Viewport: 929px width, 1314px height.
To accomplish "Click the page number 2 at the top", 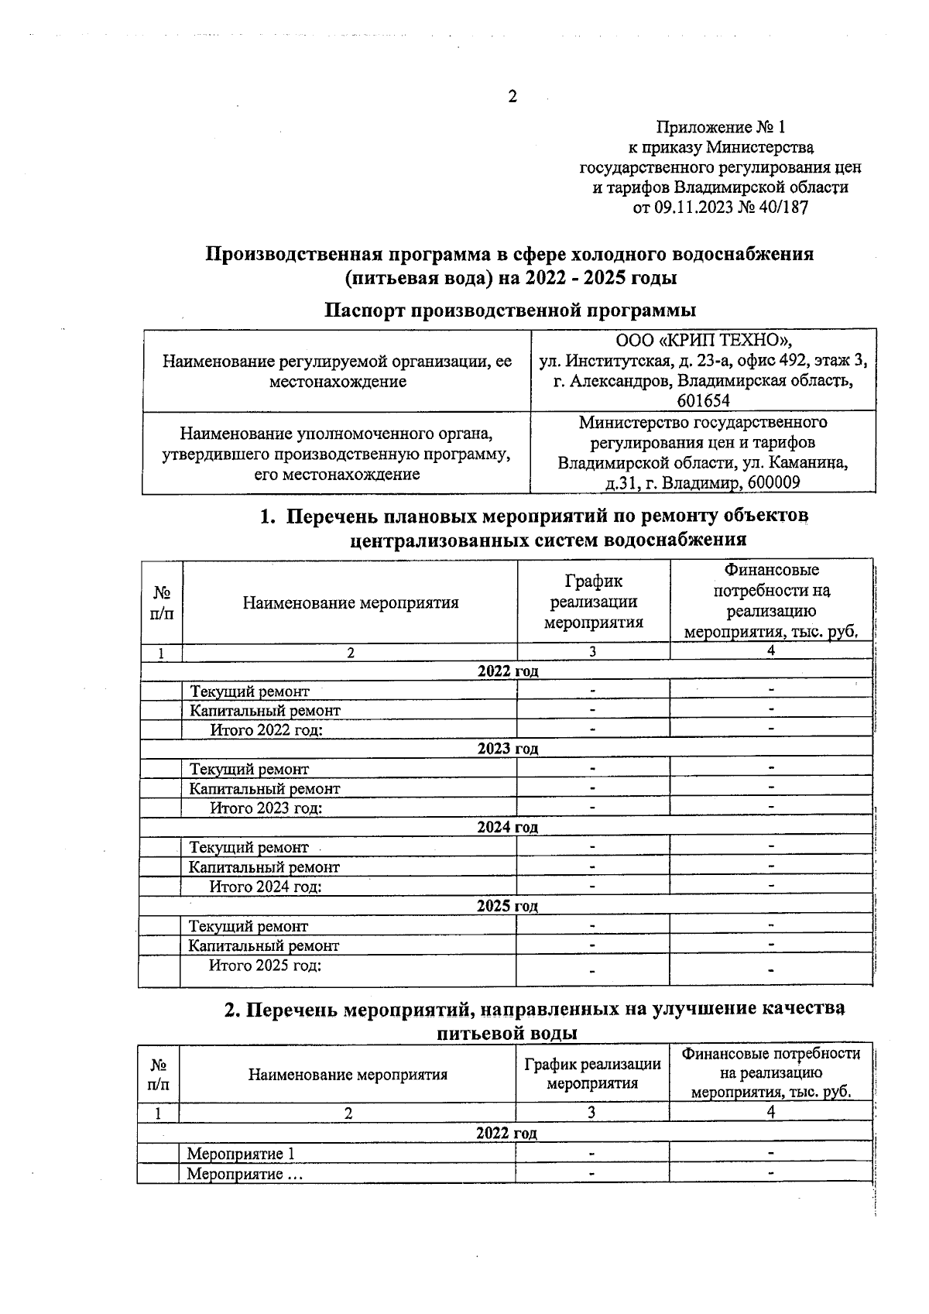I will point(512,97).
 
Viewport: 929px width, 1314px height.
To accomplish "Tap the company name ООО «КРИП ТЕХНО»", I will point(703,341).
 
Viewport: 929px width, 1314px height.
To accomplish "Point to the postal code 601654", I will point(703,400).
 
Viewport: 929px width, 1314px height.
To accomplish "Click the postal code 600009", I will point(770,482).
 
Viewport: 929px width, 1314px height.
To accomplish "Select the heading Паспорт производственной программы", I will point(509,310).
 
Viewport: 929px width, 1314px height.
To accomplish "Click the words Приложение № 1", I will point(720,126).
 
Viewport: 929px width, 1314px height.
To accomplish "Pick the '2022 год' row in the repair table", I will point(507,671).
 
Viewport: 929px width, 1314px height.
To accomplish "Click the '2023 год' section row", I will point(507,749).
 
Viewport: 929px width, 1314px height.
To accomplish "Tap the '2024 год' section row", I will point(507,827).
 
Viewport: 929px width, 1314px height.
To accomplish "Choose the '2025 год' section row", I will point(507,906).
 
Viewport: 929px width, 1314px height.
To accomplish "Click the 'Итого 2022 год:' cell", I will point(266,729).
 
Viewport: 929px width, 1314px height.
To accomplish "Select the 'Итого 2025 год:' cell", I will point(266,966).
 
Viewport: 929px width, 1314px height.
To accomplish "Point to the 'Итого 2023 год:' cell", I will point(266,808).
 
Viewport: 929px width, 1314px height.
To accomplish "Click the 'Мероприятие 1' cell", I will point(241,1154).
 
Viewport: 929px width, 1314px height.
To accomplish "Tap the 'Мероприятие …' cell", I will point(245,1174).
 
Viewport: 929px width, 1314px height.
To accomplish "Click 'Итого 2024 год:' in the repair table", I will point(266,887).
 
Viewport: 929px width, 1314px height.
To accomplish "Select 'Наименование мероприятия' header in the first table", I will point(350,602).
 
